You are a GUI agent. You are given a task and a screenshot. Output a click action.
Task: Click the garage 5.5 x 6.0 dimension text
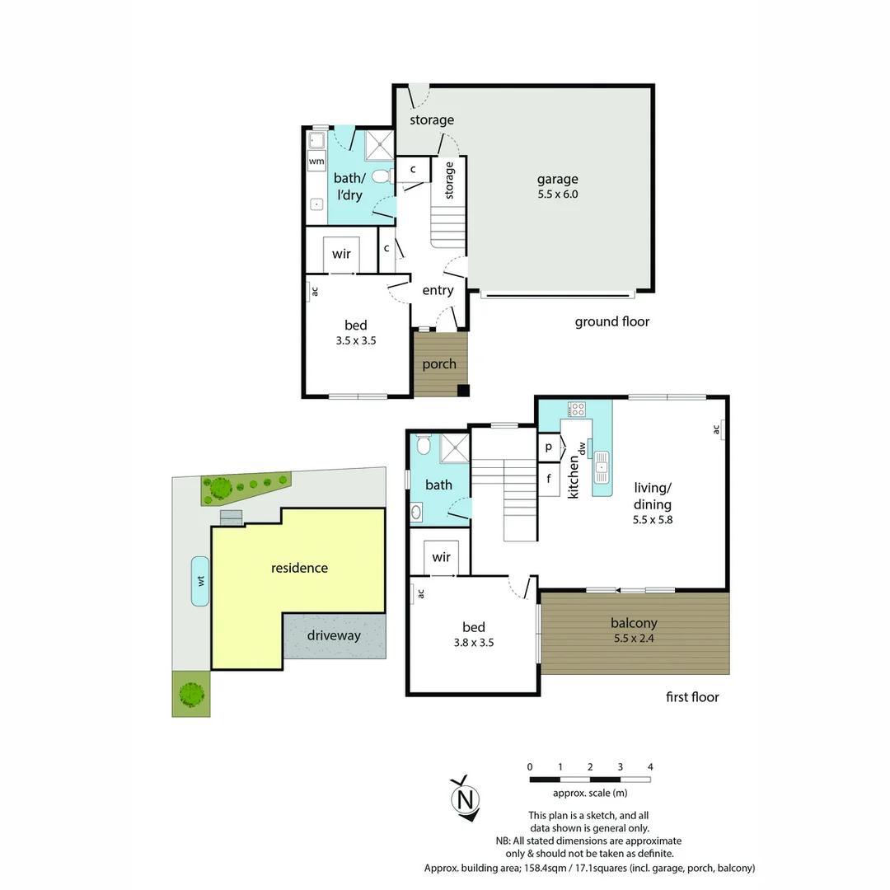point(558,195)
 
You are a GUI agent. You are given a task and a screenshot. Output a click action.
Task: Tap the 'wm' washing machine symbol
point(316,162)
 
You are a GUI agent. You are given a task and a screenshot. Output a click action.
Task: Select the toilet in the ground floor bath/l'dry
point(381,176)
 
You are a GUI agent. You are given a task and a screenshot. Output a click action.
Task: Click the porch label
point(439,364)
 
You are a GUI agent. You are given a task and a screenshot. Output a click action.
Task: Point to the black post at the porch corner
point(463,391)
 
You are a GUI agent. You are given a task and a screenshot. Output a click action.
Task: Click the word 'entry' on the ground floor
point(438,290)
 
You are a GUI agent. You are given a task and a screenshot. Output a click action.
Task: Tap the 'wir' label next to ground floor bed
point(341,255)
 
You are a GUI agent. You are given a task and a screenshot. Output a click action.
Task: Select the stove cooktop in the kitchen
point(577,409)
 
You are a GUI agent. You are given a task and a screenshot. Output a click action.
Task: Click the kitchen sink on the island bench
point(601,467)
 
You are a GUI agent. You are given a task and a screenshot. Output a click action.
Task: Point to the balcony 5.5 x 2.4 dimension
point(635,638)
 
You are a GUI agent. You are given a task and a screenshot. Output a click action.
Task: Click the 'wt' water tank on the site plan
point(200,581)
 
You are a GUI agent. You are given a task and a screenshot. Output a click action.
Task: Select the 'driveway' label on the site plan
point(334,635)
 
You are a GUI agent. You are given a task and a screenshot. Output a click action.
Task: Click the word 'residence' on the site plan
point(299,568)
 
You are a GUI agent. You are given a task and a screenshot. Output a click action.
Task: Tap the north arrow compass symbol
point(466,799)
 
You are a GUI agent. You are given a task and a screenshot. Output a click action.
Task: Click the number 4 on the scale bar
point(650,767)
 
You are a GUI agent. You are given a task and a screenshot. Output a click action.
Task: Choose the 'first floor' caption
point(692,697)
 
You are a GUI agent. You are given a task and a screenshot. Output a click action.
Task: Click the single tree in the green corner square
point(191,694)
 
